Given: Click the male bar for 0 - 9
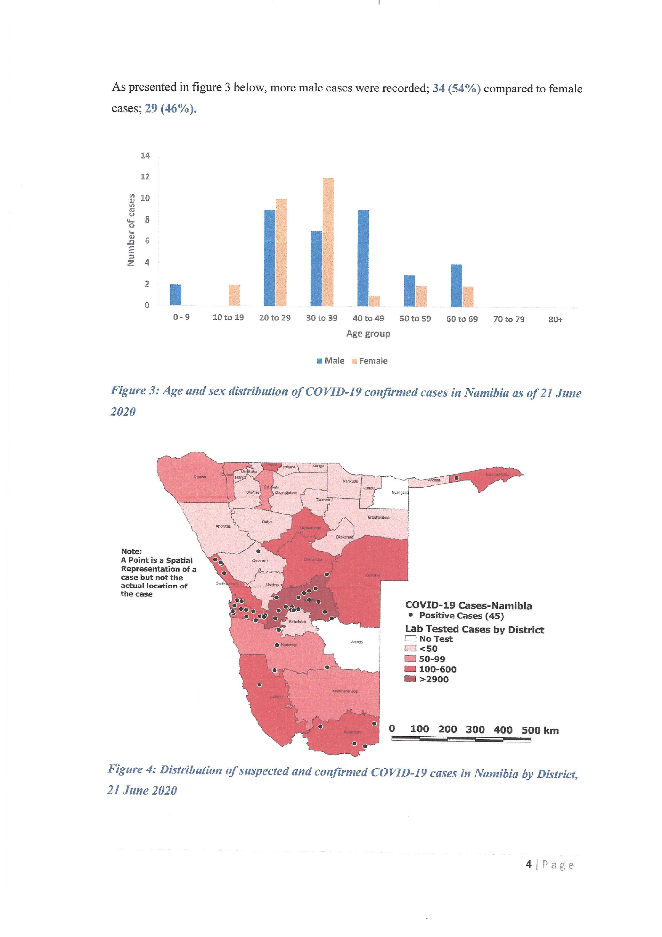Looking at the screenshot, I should (176, 295).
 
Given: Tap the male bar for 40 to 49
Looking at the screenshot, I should (363, 258).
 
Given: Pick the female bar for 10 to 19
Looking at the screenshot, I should (234, 295).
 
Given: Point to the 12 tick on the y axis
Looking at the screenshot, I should (145, 177).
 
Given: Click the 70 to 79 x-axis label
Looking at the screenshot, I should (509, 319).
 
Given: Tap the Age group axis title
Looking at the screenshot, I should (368, 333).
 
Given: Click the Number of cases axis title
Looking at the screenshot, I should (131, 230).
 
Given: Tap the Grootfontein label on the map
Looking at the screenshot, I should (378, 517).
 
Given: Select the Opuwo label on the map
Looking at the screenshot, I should (200, 477).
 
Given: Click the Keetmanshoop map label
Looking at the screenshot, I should (345, 691).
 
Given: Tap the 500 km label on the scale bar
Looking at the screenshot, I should (540, 731).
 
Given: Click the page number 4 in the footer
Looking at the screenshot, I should (529, 864).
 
